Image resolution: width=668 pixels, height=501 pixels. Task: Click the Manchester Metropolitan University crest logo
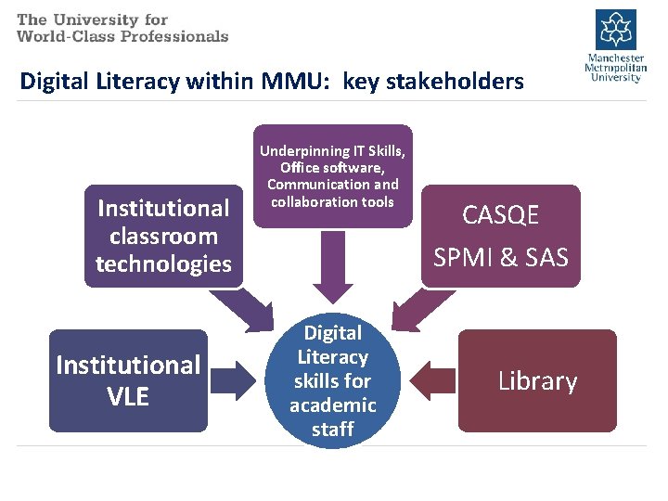click(x=615, y=29)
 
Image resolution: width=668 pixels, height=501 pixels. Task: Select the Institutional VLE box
click(x=128, y=380)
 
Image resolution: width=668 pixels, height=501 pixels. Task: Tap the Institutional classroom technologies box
click(x=163, y=236)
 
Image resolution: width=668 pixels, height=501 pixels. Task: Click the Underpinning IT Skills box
click(x=333, y=175)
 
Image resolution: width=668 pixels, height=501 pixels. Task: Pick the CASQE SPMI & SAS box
click(x=501, y=236)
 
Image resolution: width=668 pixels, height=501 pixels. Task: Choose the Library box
click(x=537, y=380)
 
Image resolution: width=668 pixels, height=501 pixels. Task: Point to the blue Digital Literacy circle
click(x=332, y=380)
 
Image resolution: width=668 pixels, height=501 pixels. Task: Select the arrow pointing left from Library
click(x=431, y=380)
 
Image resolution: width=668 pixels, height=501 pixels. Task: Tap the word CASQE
click(x=501, y=215)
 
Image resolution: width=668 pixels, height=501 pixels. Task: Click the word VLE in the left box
click(x=128, y=396)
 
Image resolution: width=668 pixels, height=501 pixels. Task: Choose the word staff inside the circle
click(x=332, y=430)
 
